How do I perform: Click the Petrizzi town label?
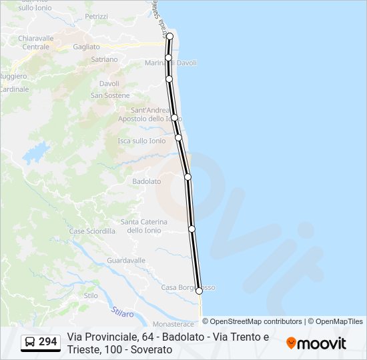pyautogui.click(x=96, y=16)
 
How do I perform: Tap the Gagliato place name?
pyautogui.click(x=86, y=47)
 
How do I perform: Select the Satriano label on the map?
pyautogui.click(x=104, y=59)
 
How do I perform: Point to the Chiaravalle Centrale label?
pyautogui.click(x=36, y=43)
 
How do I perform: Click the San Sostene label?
pyautogui.click(x=110, y=95)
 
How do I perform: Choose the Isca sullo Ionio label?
pyautogui.click(x=141, y=141)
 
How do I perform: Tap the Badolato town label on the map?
pyautogui.click(x=147, y=181)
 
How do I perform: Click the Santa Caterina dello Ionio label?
pyautogui.click(x=143, y=226)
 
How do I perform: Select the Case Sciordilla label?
pyautogui.click(x=92, y=231)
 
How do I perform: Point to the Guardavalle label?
pyautogui.click(x=126, y=260)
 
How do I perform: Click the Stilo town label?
pyautogui.click(x=91, y=295)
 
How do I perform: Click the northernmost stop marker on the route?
pyautogui.click(x=169, y=36)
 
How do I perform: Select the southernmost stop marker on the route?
pyautogui.click(x=199, y=291)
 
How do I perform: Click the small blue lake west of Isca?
pyautogui.click(x=36, y=153)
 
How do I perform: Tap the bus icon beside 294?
pyautogui.click(x=30, y=343)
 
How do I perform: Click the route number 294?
pyautogui.click(x=48, y=342)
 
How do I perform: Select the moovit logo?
pyautogui.click(x=316, y=343)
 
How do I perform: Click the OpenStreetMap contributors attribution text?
pyautogui.click(x=252, y=321)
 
